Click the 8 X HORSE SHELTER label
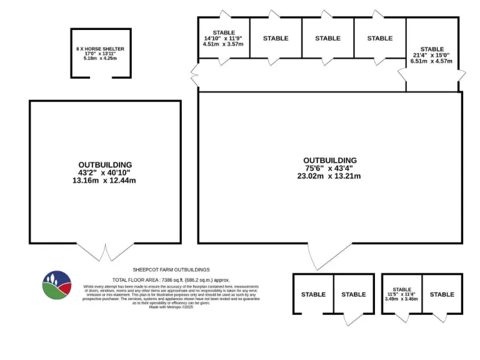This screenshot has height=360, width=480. point(101,49)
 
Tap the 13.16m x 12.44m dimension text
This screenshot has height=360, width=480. point(106,181)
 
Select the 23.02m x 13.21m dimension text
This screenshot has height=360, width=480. point(330,176)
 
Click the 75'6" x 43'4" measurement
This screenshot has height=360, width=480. point(330,168)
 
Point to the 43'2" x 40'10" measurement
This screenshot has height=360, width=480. point(106,172)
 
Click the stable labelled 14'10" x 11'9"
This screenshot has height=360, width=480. point(224,38)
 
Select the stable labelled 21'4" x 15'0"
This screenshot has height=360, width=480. point(432,55)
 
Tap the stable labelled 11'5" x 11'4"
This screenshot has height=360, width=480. point(402,294)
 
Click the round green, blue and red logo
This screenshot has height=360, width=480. point(56,285)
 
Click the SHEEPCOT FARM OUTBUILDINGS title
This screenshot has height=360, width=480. point(171,270)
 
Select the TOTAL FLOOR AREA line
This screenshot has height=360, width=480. point(171,279)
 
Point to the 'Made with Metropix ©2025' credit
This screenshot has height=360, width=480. point(171,307)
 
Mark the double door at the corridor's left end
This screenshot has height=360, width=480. point(195,75)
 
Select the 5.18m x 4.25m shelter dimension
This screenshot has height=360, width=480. point(101,59)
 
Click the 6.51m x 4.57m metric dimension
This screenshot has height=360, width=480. point(432,62)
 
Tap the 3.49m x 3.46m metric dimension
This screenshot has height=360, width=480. point(402,299)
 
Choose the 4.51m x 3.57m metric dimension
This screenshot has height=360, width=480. point(224,44)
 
